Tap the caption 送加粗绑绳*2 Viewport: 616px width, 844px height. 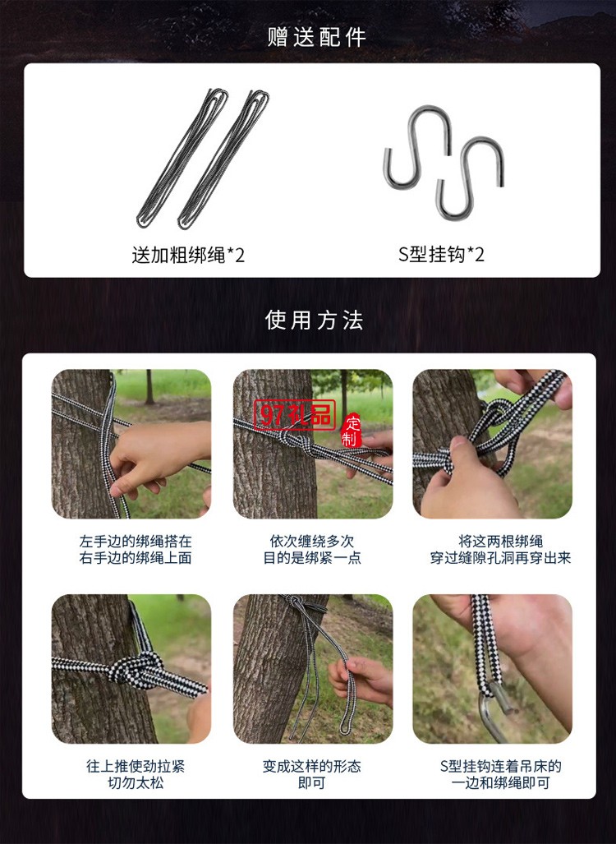188,255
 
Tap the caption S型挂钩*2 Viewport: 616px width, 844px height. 442,255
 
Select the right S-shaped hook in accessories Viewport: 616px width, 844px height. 471,177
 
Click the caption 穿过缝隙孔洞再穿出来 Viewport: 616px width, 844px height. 500,558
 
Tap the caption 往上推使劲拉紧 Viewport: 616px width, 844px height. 136,766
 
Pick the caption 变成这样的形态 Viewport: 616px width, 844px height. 312,766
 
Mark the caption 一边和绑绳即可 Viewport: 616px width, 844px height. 500,783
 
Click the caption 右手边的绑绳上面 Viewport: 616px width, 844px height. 136,558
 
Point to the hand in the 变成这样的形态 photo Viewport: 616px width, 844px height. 361,678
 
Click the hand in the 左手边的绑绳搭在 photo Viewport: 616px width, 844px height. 156,456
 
